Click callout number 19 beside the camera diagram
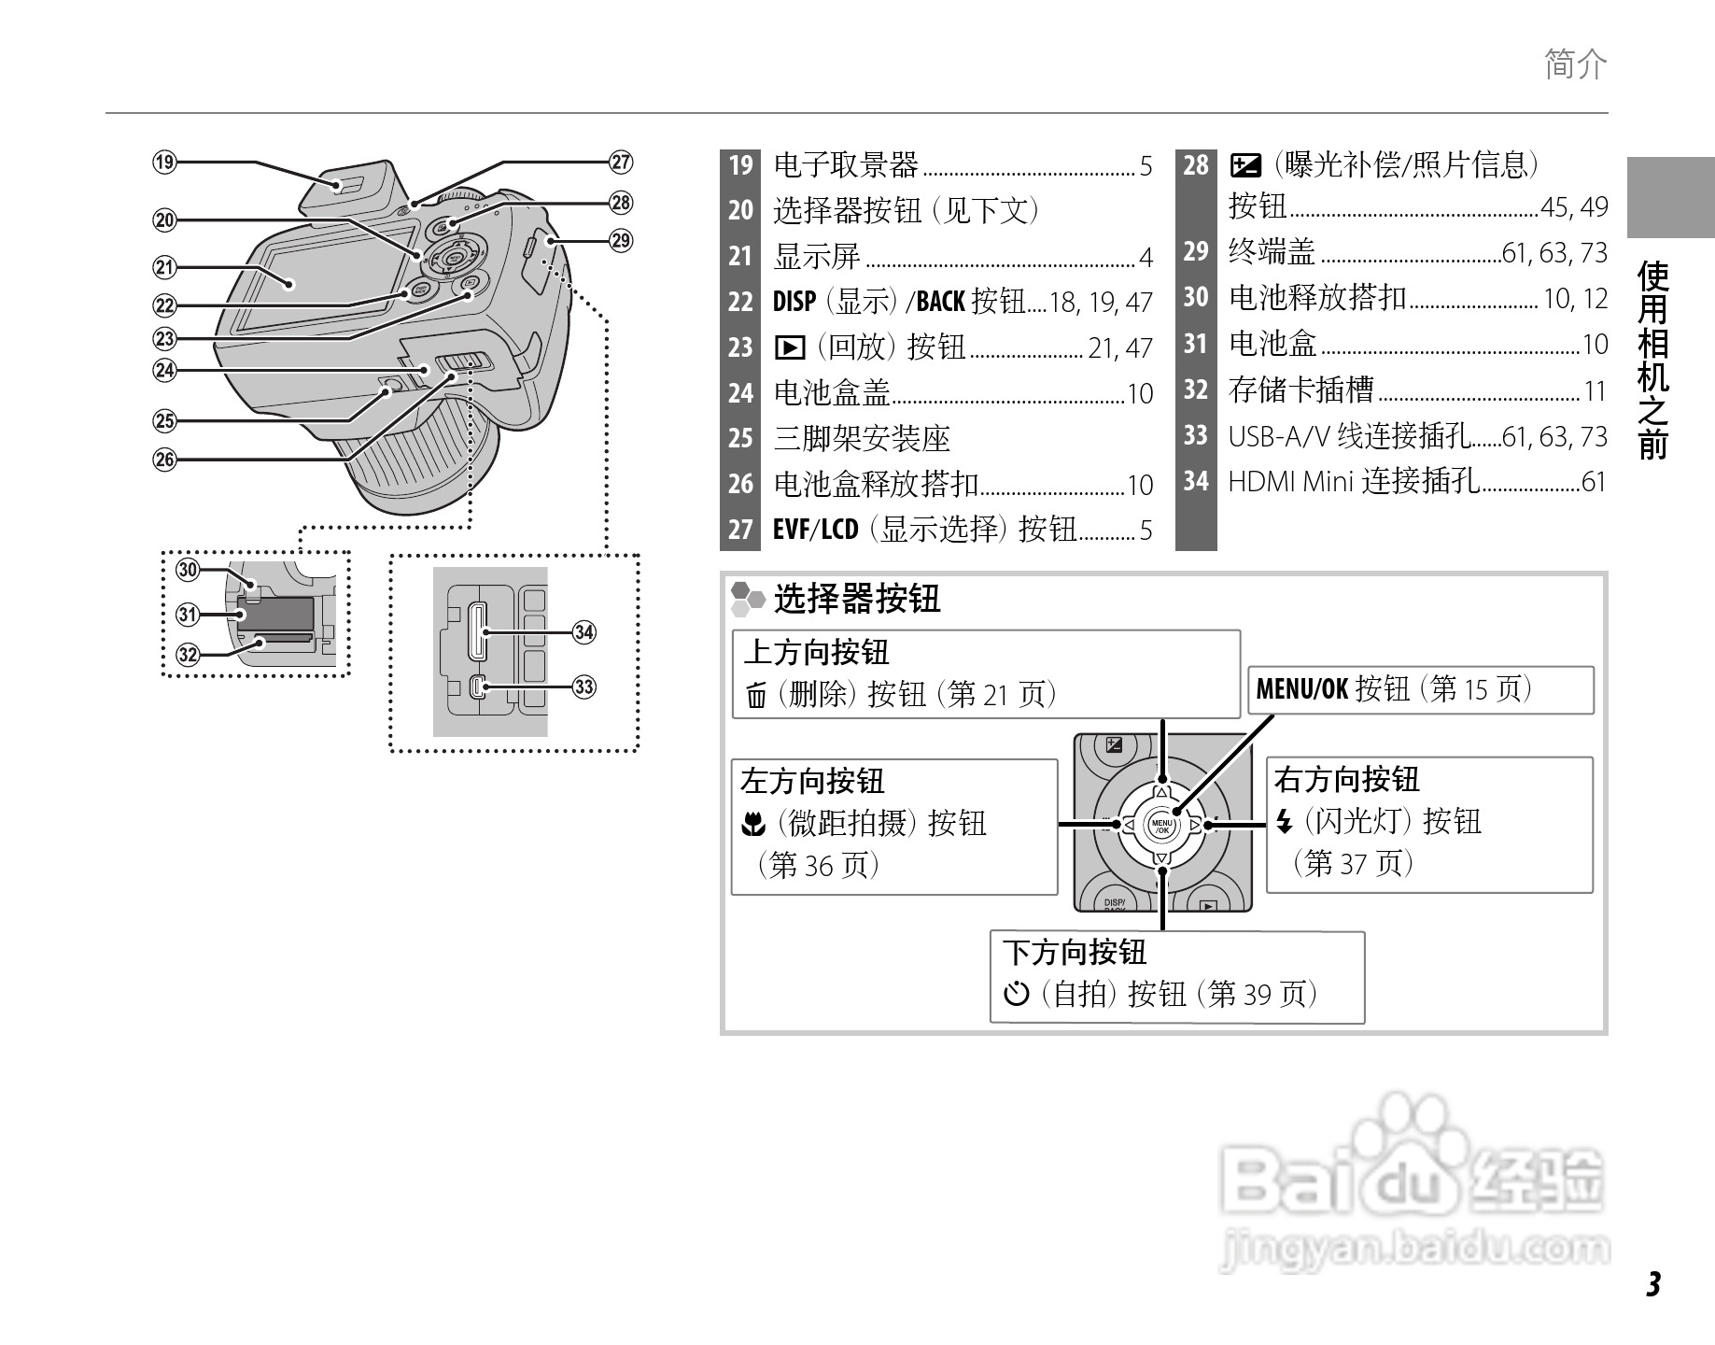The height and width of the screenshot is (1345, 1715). click(165, 163)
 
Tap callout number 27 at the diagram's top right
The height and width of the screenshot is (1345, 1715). click(621, 163)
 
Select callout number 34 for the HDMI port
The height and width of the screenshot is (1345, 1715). click(584, 632)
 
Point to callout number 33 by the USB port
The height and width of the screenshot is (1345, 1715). click(584, 687)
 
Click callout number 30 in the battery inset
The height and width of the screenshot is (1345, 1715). click(189, 570)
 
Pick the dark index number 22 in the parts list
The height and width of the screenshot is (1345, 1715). click(740, 302)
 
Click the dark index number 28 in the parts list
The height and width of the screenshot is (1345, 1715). click(1196, 165)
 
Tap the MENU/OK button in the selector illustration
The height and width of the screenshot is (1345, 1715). click(1162, 826)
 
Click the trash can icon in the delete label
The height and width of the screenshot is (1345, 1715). click(756, 696)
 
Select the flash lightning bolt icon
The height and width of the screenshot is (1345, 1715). click(1285, 822)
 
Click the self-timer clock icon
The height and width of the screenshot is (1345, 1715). click(1016, 994)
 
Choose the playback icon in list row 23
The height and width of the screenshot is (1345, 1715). click(789, 348)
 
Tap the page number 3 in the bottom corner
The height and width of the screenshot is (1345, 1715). click(1653, 1284)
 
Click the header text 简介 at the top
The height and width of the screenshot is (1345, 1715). click(1576, 64)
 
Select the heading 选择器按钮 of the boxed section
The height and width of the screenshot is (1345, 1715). click(856, 599)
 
